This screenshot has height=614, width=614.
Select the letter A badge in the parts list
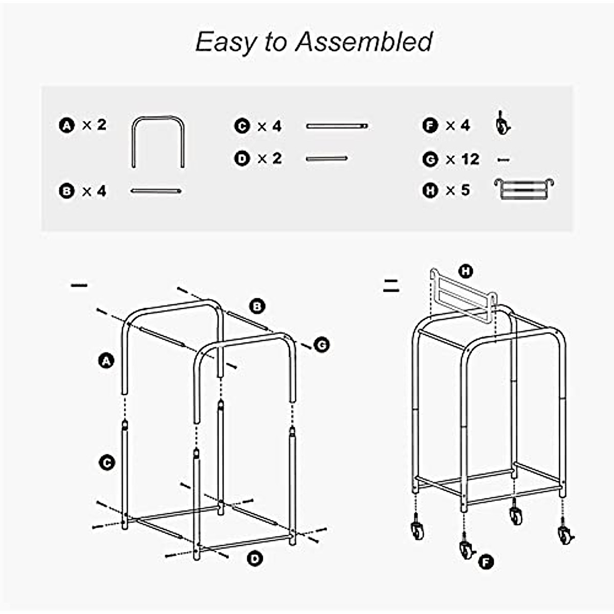tap(67, 125)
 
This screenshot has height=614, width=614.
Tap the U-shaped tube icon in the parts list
tap(158, 142)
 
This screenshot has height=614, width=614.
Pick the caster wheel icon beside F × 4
tap(502, 124)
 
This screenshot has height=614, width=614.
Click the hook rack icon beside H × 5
tap(524, 189)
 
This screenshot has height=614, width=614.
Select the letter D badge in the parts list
tap(242, 159)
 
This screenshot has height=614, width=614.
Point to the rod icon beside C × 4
tap(337, 126)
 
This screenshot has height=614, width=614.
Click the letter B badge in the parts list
tap(67, 191)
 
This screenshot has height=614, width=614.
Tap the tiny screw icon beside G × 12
tap(503, 160)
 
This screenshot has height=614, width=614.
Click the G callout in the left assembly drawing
tap(321, 345)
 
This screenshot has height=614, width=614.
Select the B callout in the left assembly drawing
tap(257, 306)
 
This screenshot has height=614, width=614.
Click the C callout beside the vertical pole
tap(106, 463)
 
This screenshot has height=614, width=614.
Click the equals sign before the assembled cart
tap(391, 286)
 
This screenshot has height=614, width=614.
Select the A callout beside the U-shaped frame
tap(106, 361)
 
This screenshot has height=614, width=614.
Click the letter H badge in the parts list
tap(430, 191)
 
